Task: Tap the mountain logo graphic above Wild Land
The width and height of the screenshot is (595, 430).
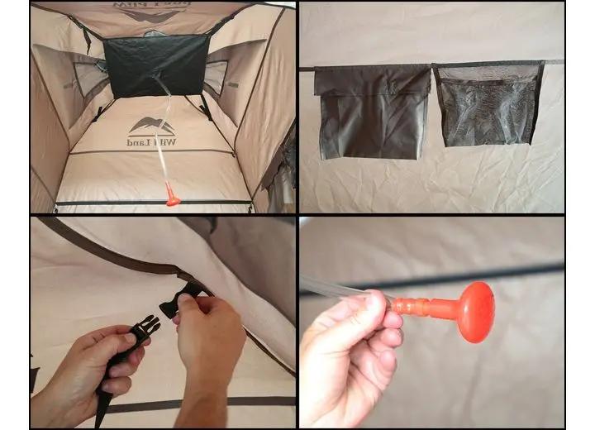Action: [152, 125]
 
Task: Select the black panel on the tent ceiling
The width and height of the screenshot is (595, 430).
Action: [155, 64]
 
